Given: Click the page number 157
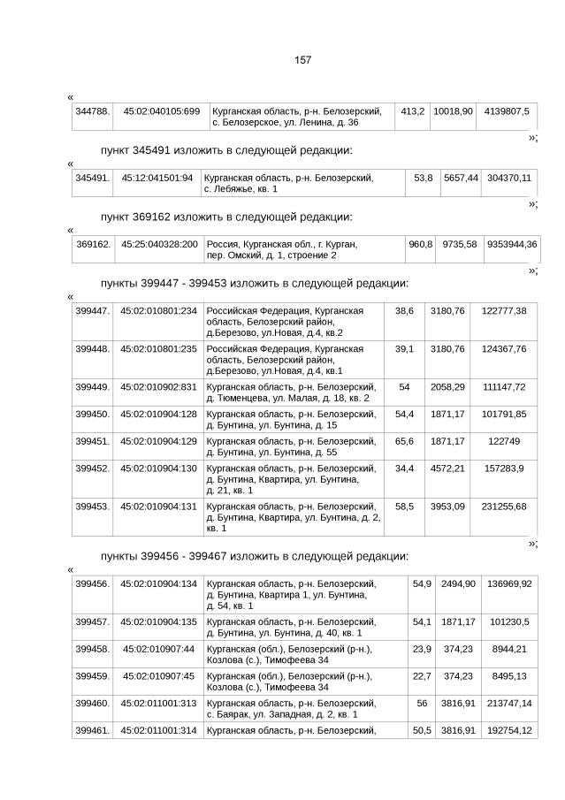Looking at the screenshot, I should [302, 60].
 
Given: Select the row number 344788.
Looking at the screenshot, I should [92, 111].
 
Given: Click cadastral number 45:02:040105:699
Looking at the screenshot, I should [161, 111].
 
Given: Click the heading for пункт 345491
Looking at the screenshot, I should [226, 150].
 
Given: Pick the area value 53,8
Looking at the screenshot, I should [424, 178].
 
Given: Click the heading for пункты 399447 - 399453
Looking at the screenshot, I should [255, 284].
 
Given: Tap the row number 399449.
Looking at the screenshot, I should [92, 387].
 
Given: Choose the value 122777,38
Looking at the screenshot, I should [504, 311].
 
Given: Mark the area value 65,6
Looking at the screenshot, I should [404, 440].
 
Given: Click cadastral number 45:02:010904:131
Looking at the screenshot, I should [158, 507].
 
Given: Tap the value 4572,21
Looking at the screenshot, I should [447, 468].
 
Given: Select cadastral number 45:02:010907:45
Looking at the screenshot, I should [158, 676].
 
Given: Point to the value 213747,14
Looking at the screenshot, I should [509, 704].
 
